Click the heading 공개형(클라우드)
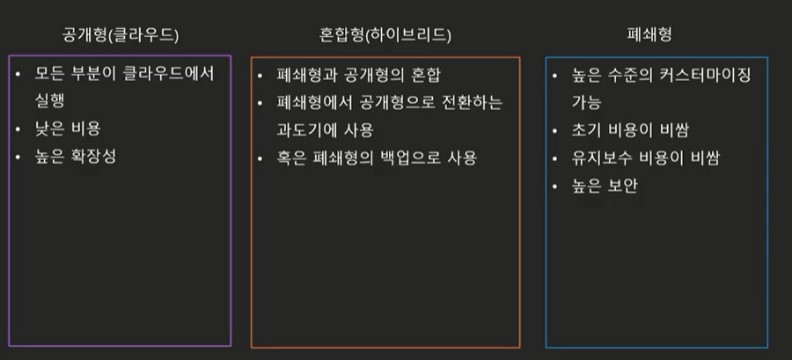point(121,36)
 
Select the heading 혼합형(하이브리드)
point(385,36)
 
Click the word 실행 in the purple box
point(50,101)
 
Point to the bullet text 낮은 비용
point(70,129)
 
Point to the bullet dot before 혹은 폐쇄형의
point(259,158)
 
